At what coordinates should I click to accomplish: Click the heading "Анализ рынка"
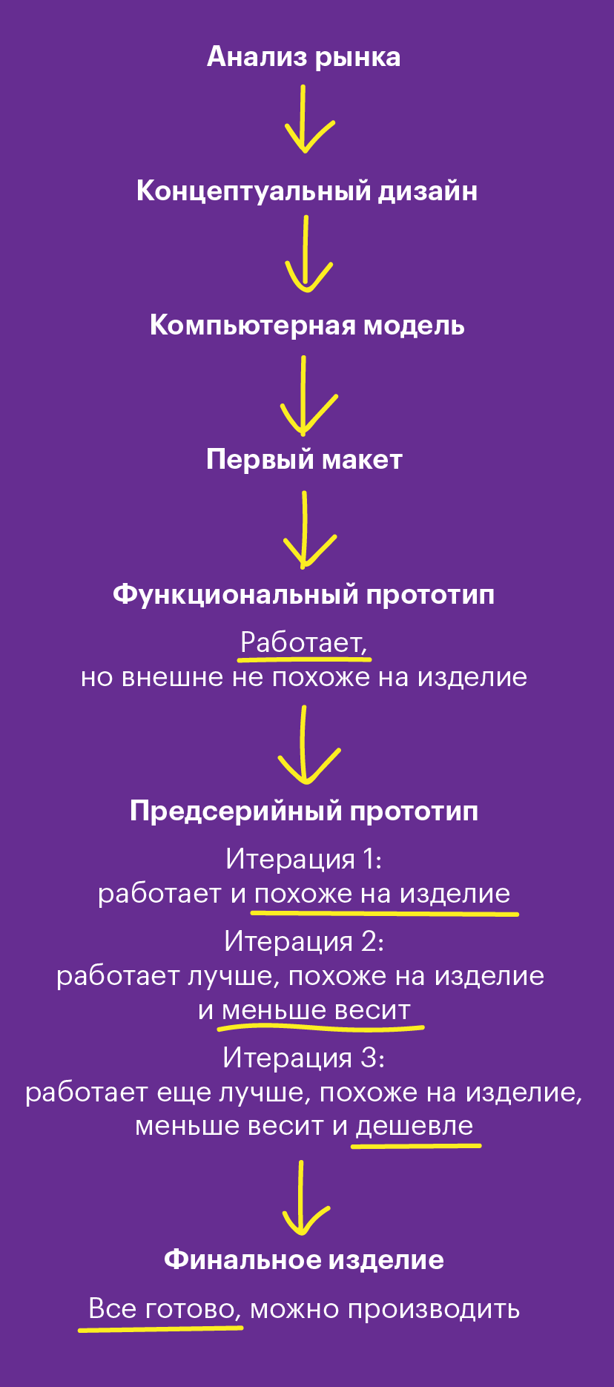pos(304,57)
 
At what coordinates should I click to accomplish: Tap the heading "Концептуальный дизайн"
pos(307,191)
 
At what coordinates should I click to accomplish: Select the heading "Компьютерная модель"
pos(307,326)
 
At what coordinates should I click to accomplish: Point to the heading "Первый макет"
pos(304,460)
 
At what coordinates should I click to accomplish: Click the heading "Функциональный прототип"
pos(304,595)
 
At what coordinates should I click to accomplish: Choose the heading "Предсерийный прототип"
pos(304,811)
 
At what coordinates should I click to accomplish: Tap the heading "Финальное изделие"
pos(304,1259)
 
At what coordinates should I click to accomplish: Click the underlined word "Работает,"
pos(304,642)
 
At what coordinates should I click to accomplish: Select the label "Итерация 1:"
pos(304,859)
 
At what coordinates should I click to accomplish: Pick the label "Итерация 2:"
pos(304,941)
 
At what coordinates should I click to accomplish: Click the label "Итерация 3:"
pos(304,1057)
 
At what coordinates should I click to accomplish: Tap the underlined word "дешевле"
pos(415,1126)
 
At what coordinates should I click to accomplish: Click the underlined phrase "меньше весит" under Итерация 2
pos(316,1010)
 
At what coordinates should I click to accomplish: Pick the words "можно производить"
pos(385,1310)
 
